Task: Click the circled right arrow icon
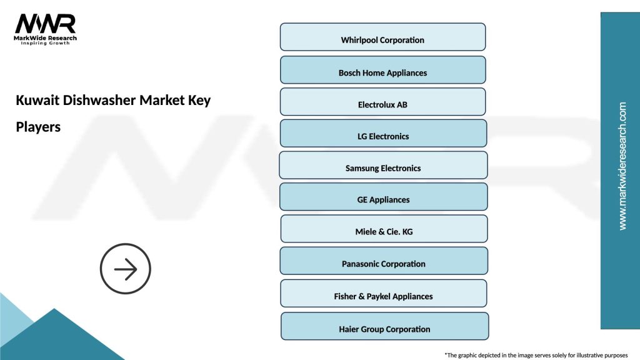[x=126, y=269]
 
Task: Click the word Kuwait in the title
[x=37, y=101]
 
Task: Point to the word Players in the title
[x=38, y=127]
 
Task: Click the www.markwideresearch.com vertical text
[x=622, y=166]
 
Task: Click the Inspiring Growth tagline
[x=46, y=43]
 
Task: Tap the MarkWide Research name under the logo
[x=46, y=37]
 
